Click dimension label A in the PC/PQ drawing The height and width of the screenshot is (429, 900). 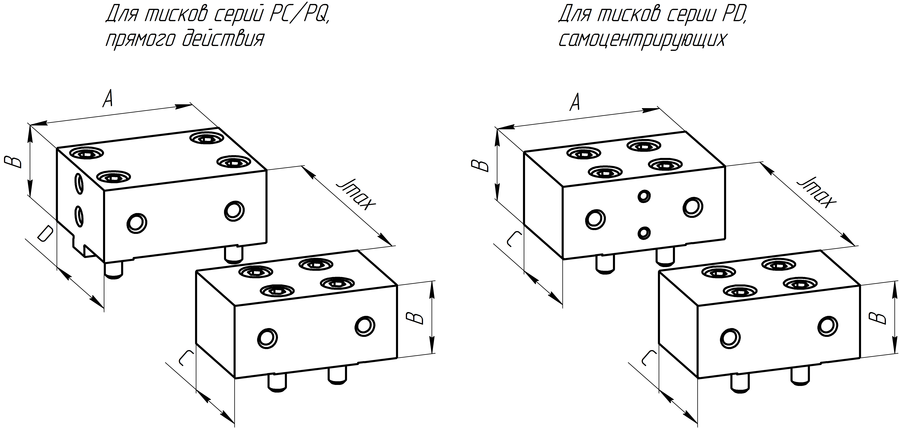108,99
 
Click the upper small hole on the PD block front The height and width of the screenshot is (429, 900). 644,196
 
